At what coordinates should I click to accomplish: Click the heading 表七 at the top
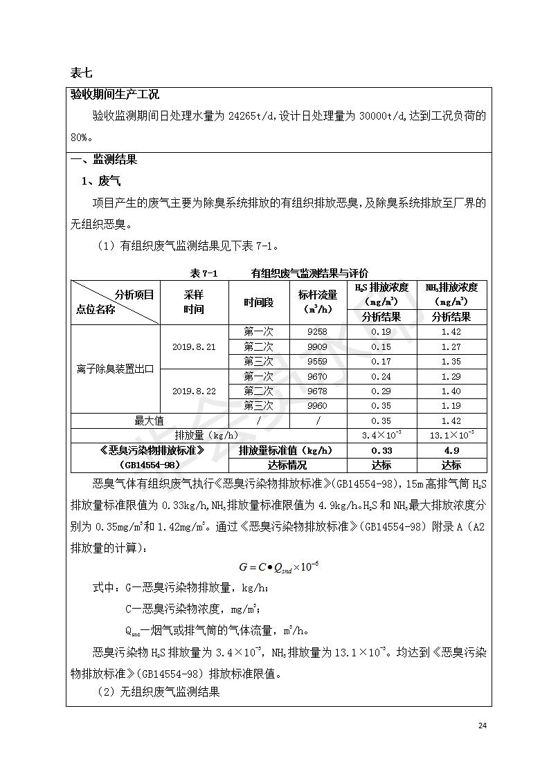81,72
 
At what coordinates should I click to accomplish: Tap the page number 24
483,726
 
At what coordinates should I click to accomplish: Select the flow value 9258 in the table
317,331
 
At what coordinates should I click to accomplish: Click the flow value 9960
317,405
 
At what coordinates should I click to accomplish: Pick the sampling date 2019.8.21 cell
194,347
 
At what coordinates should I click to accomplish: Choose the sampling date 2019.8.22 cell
194,391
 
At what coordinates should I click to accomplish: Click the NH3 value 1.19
451,405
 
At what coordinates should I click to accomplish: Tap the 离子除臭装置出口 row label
115,369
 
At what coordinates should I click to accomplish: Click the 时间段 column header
258,302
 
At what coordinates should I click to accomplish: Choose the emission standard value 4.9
451,450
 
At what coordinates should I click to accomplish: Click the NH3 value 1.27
451,347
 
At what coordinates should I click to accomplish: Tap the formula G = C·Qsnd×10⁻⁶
278,567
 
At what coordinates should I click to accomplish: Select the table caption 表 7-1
204,273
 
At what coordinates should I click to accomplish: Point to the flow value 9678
317,391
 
